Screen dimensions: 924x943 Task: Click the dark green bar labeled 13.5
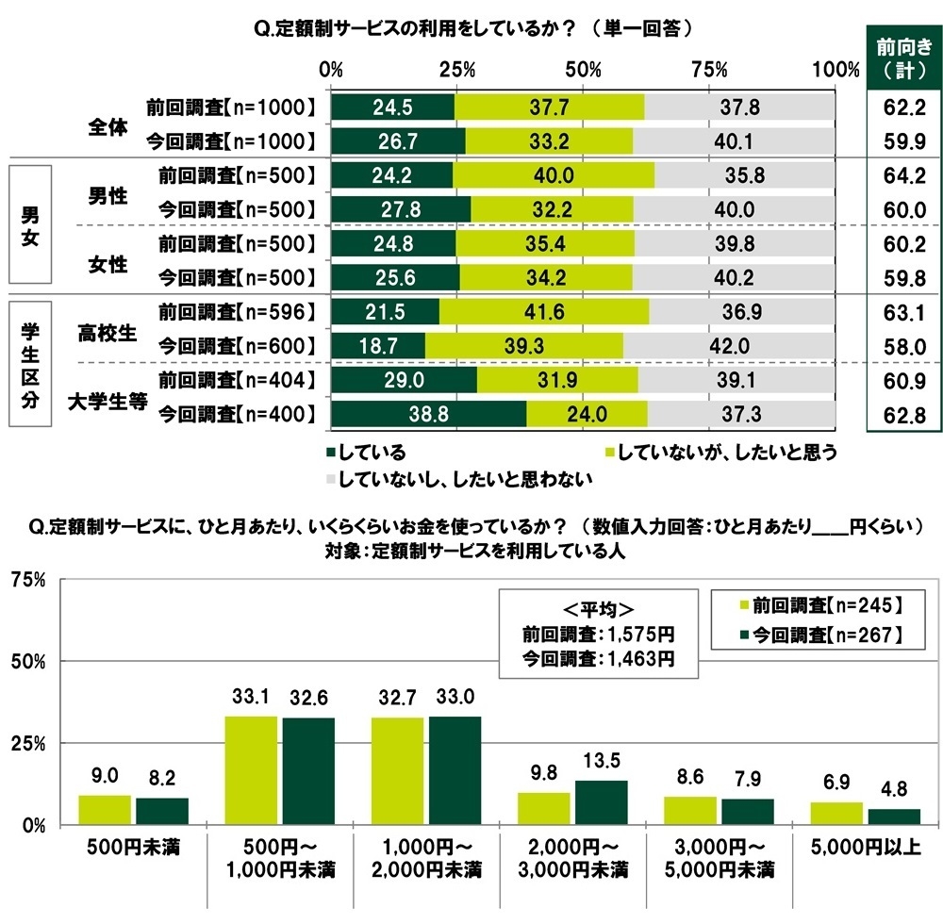point(601,801)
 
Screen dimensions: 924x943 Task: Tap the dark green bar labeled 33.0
point(455,770)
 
